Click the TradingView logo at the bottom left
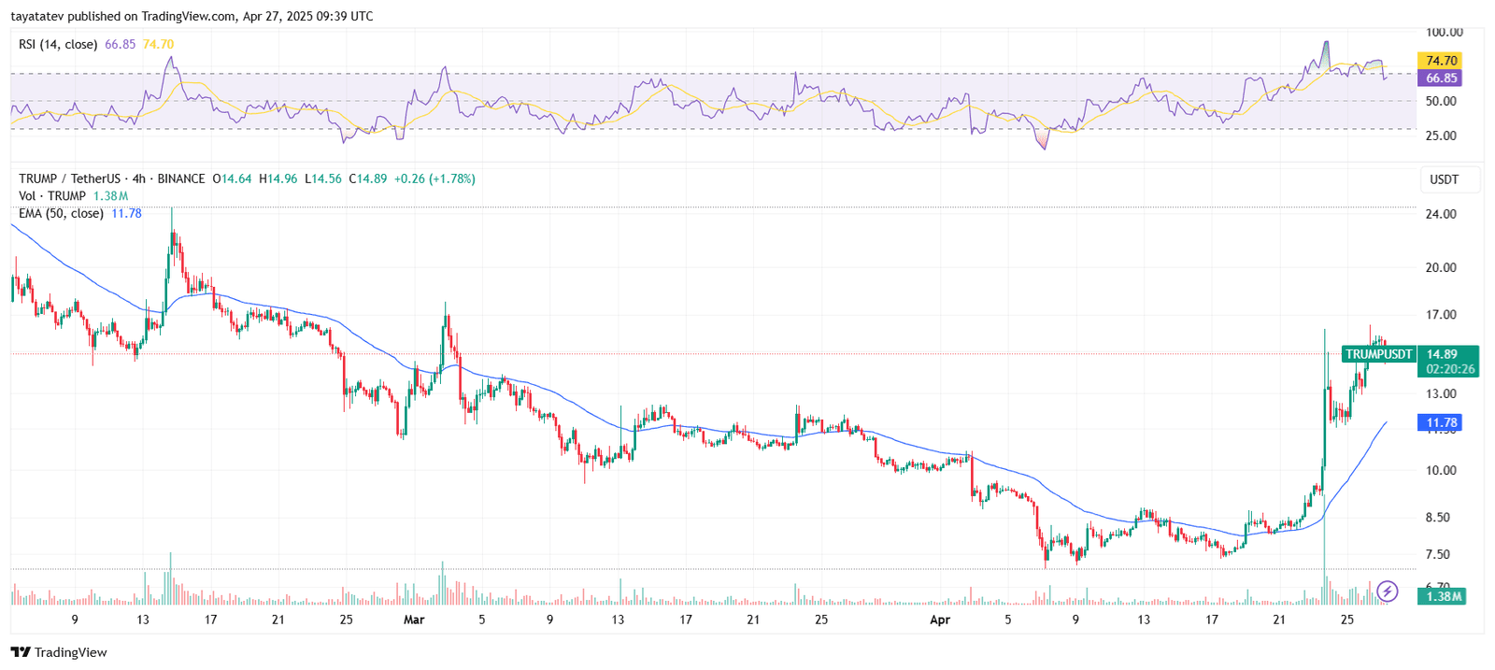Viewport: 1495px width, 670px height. [x=59, y=652]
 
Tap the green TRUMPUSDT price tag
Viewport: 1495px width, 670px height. [x=1378, y=355]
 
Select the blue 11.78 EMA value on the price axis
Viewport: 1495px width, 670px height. [x=1442, y=423]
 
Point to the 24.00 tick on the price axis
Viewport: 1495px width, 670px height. [x=1441, y=214]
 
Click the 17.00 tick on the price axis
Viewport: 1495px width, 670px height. [x=1441, y=315]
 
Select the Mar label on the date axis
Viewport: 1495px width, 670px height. [x=414, y=620]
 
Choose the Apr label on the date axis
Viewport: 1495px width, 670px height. [x=940, y=620]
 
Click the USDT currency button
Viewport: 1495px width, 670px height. [x=1444, y=179]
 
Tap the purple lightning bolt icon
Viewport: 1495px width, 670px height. [x=1388, y=591]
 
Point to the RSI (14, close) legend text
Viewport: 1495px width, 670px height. [x=58, y=44]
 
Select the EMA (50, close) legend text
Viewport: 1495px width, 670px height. [x=61, y=213]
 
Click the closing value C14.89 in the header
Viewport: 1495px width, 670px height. [x=367, y=178]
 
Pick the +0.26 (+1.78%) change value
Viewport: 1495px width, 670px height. [x=434, y=178]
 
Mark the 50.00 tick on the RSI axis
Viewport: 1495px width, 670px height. [x=1441, y=101]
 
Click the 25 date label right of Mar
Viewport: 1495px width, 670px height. [x=821, y=620]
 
